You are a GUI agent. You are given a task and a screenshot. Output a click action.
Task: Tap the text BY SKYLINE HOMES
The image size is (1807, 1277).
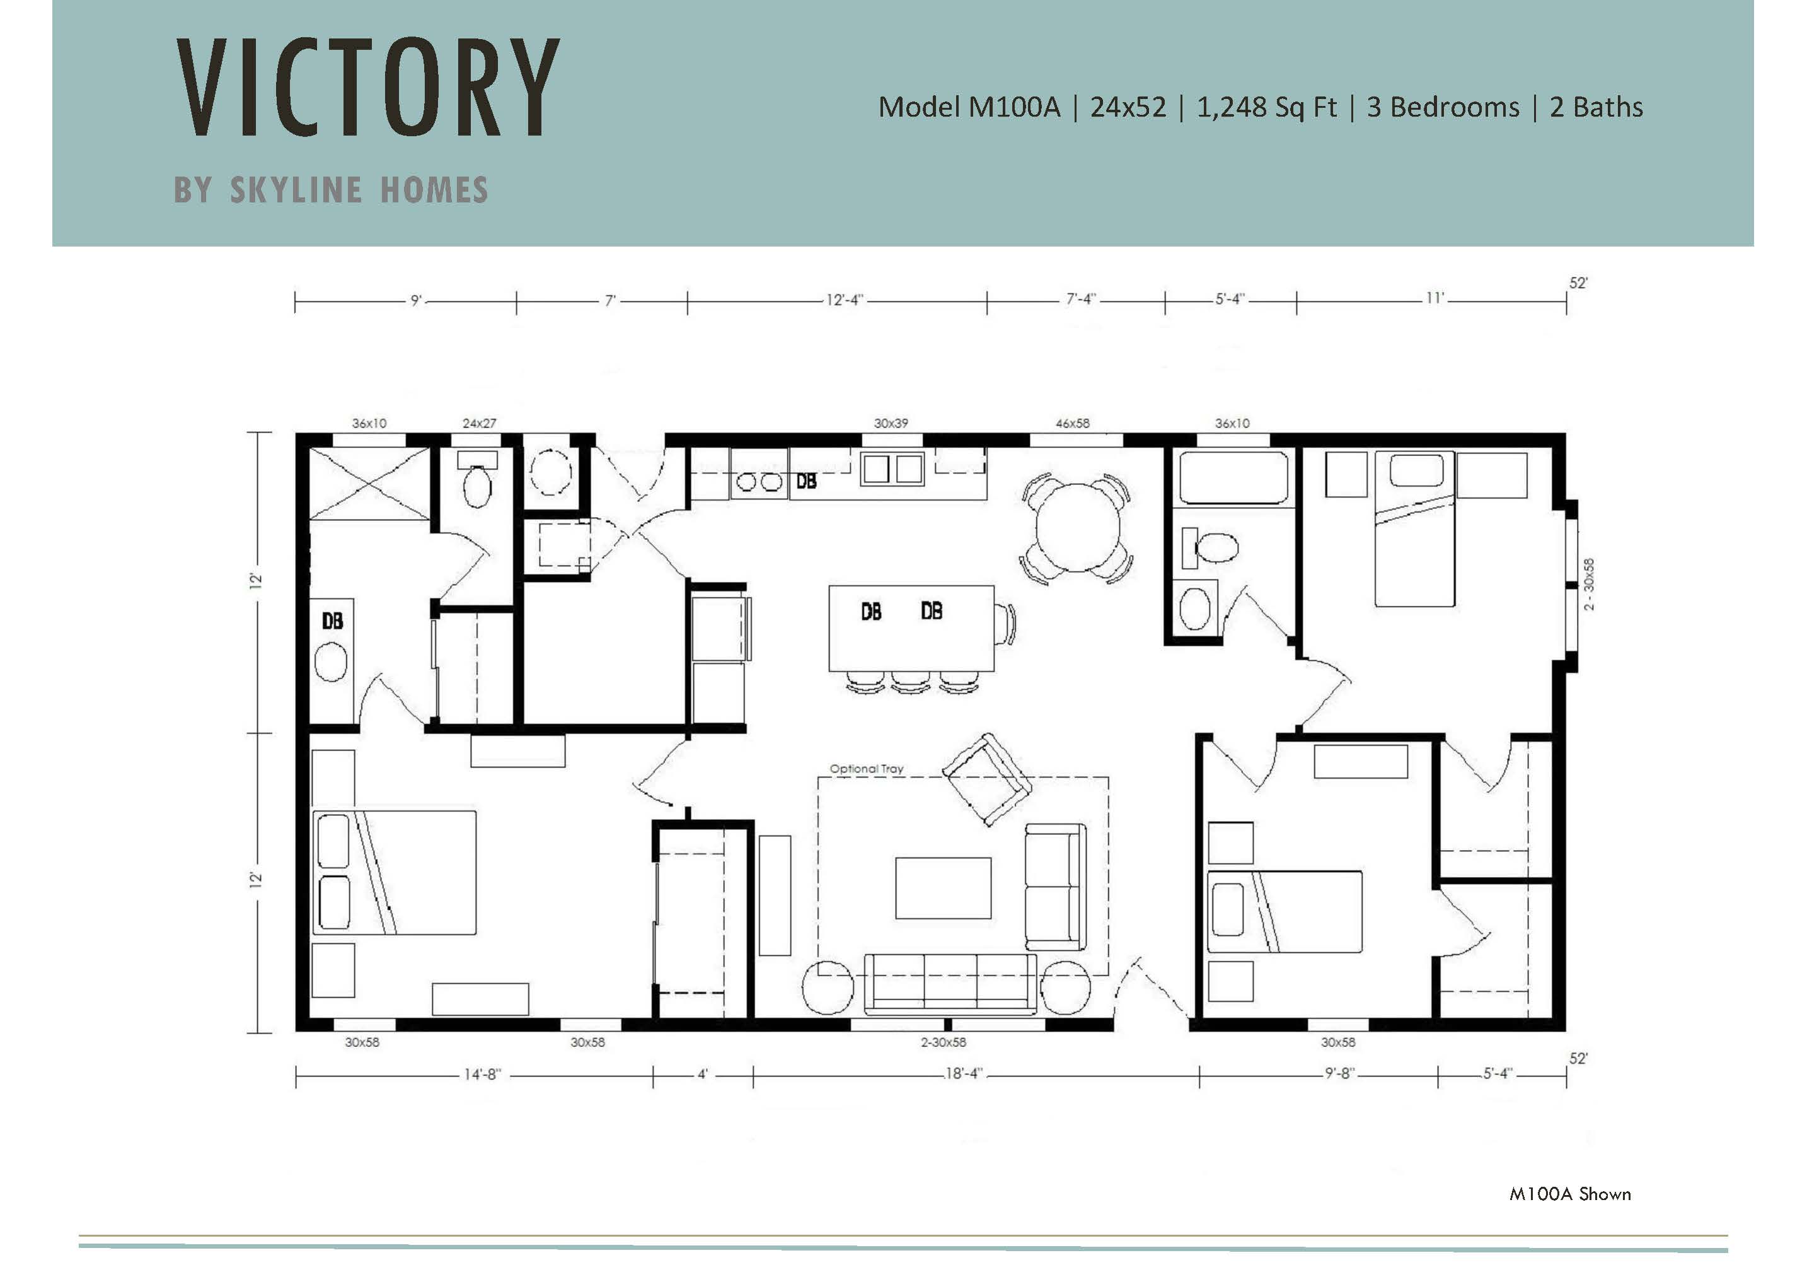(x=332, y=190)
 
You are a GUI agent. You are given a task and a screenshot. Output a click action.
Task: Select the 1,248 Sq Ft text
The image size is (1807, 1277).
(x=1266, y=107)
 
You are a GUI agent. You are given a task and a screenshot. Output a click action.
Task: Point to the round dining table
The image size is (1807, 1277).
(x=1077, y=527)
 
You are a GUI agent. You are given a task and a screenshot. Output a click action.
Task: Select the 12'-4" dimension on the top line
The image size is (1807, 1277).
(x=845, y=300)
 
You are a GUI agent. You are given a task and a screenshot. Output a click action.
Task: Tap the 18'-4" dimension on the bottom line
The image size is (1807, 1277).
(x=964, y=1074)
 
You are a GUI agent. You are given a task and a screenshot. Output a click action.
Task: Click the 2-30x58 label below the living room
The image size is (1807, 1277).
(x=944, y=1042)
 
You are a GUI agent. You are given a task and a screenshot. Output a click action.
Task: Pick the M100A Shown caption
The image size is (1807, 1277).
(x=1570, y=1194)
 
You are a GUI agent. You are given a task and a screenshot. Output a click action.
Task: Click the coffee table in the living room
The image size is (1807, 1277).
(x=943, y=888)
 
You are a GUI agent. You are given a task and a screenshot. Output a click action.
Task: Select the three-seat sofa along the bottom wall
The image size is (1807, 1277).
(x=950, y=984)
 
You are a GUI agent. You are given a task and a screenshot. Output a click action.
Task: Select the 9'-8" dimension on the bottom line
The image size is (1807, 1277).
(x=1338, y=1074)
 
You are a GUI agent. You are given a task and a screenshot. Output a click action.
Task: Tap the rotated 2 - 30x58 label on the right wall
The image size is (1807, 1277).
(x=1589, y=584)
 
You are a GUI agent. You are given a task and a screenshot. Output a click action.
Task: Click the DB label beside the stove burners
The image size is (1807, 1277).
(x=807, y=481)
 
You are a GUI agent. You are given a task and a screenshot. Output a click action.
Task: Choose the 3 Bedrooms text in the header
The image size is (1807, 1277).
(x=1443, y=107)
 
